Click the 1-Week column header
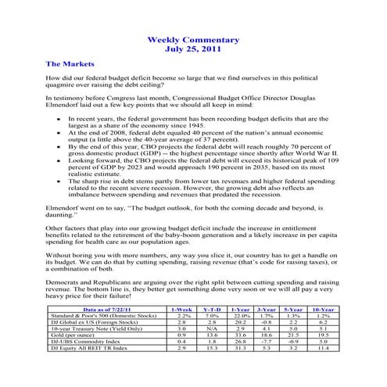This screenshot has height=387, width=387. pyautogui.click(x=181, y=311)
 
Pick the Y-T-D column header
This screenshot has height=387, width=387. pyautogui.click(x=211, y=311)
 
